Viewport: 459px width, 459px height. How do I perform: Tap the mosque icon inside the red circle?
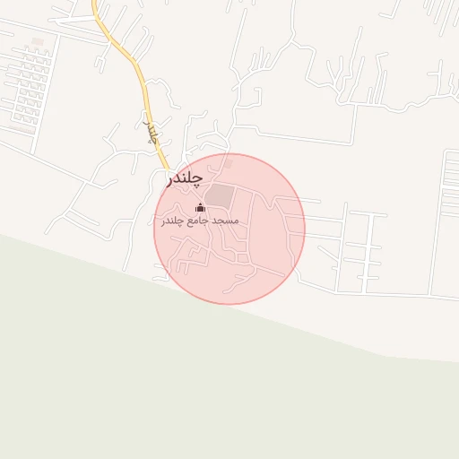point(200,208)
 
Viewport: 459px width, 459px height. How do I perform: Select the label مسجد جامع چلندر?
point(200,221)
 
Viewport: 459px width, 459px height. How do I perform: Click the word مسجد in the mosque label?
point(225,221)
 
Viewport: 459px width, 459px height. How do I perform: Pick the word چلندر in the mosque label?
point(174,221)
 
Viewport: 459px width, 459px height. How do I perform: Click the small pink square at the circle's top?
point(228,164)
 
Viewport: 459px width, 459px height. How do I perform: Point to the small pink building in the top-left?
point(37,41)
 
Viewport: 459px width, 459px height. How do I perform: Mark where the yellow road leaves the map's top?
point(95,3)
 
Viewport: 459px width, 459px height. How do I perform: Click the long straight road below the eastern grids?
point(377,293)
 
